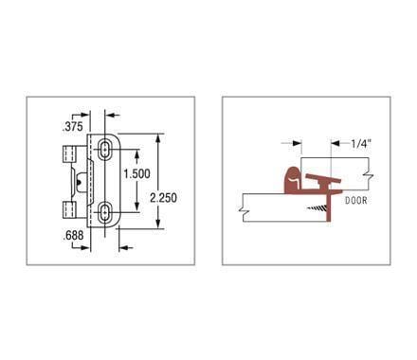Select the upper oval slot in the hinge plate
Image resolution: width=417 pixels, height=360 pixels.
[102, 150]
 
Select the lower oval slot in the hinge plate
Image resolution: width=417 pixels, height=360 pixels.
[103, 209]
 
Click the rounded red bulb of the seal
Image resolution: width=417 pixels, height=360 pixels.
[290, 177]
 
